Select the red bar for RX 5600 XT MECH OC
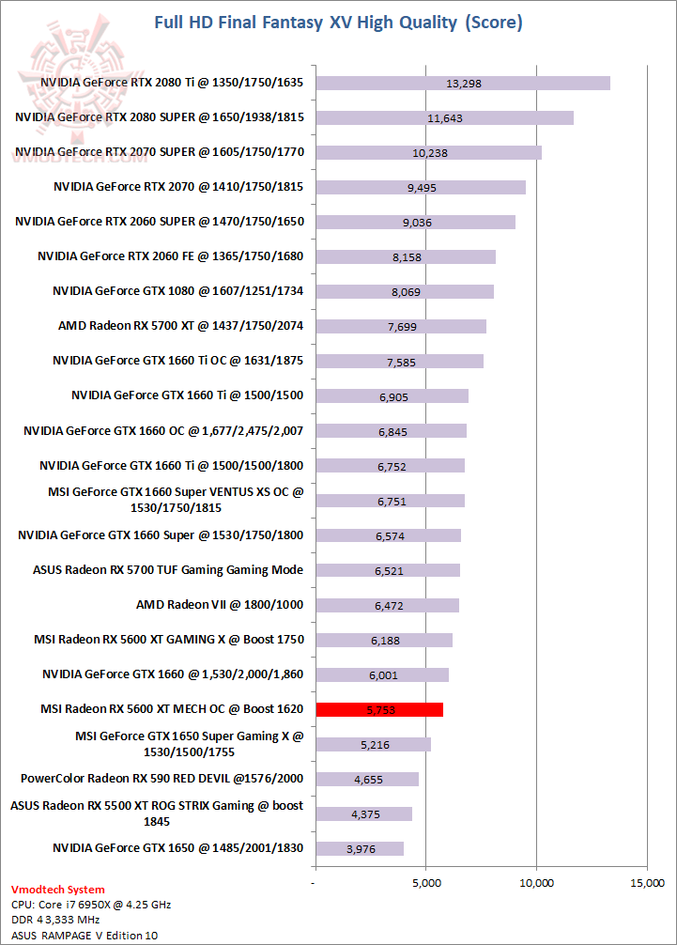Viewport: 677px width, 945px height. point(379,709)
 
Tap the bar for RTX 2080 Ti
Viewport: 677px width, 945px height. point(463,83)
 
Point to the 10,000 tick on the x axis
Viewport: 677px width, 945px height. point(536,883)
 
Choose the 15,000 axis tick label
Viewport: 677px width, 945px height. point(647,883)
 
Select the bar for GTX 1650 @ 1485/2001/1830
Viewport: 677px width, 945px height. point(360,848)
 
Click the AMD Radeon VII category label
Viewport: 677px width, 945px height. point(220,605)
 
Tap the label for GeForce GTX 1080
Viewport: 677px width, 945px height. point(178,291)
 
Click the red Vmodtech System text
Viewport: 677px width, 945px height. point(57,890)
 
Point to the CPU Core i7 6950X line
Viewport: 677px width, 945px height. point(91,905)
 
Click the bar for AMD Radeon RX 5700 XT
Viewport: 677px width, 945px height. point(401,326)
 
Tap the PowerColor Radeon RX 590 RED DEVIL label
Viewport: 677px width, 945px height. point(162,779)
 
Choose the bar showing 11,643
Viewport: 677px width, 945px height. point(444,117)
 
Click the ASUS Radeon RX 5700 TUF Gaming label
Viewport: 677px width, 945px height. point(168,570)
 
